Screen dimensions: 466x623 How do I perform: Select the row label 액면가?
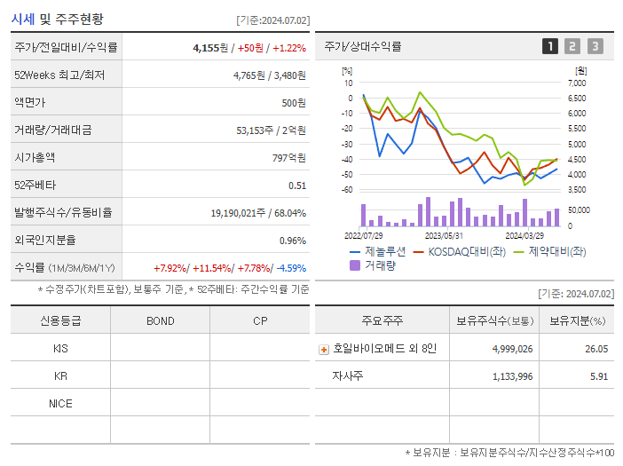pos(33,103)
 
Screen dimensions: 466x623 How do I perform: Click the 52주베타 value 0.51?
pos(296,186)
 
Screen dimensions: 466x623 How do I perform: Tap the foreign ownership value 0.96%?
pos(292,241)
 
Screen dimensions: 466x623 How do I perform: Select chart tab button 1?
pos(550,46)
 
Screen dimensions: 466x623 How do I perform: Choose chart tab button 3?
pos(595,46)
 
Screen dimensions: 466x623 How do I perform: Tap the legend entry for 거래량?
pos(378,265)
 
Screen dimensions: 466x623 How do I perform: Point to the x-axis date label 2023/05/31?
pos(444,236)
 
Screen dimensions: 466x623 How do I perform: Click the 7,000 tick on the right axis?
pos(576,83)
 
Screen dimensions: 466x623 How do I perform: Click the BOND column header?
pos(160,320)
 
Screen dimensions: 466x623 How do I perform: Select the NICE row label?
pos(60,403)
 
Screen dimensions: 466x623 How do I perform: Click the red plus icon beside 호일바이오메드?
pos(324,349)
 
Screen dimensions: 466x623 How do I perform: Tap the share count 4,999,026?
pos(512,349)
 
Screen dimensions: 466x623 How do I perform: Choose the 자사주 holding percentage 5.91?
pos(597,376)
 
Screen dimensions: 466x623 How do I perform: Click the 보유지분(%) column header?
pos(577,320)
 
